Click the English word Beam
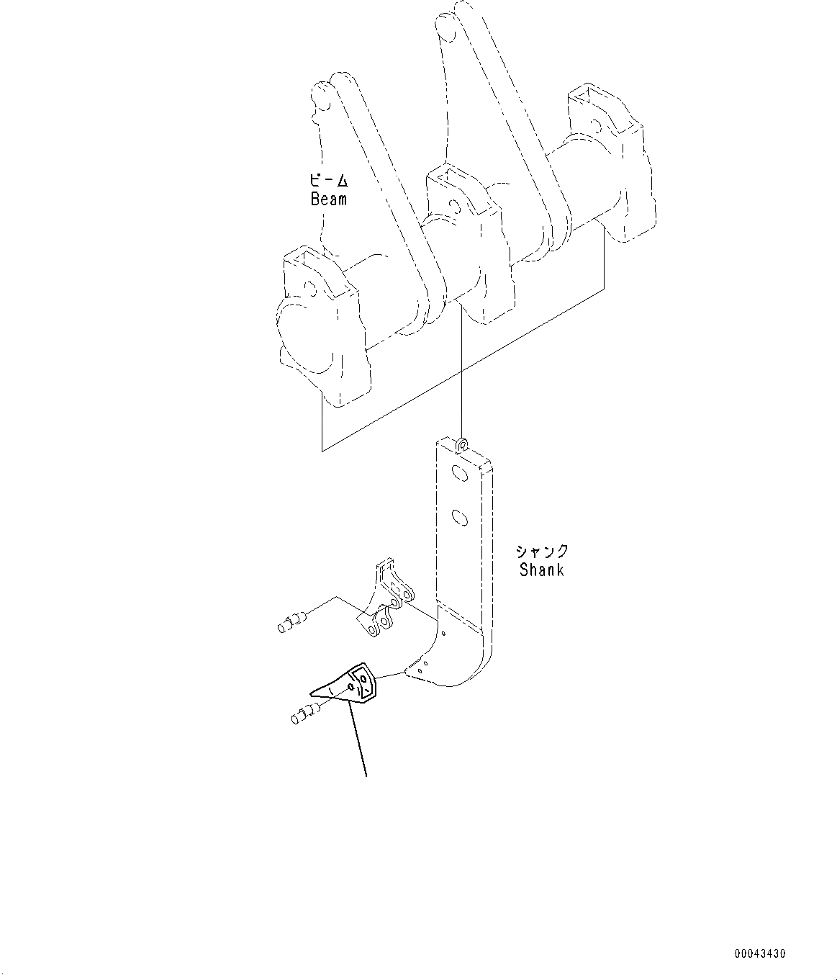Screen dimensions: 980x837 coord(329,199)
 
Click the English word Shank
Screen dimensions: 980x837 coord(542,570)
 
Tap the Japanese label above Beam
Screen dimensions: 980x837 coord(329,181)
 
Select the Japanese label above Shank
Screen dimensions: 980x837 coord(542,552)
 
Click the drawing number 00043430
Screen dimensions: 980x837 coord(760,954)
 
